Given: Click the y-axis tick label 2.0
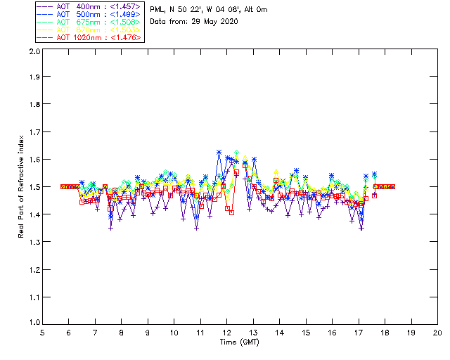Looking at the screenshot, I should point(34,51).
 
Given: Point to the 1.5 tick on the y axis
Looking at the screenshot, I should point(34,186).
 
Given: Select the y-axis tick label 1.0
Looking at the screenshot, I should point(34,322).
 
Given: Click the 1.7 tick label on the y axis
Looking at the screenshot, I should point(34,132).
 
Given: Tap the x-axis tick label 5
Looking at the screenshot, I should point(42,333).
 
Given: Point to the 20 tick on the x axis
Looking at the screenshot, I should point(437,333).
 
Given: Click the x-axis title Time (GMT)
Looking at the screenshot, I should point(240,342).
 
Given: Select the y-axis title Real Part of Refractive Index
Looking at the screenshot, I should point(22,186).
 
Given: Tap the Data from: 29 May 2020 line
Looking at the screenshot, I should point(194,22).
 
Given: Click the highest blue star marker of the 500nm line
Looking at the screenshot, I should point(219,152).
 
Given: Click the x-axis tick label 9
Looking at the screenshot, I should point(148,333).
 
